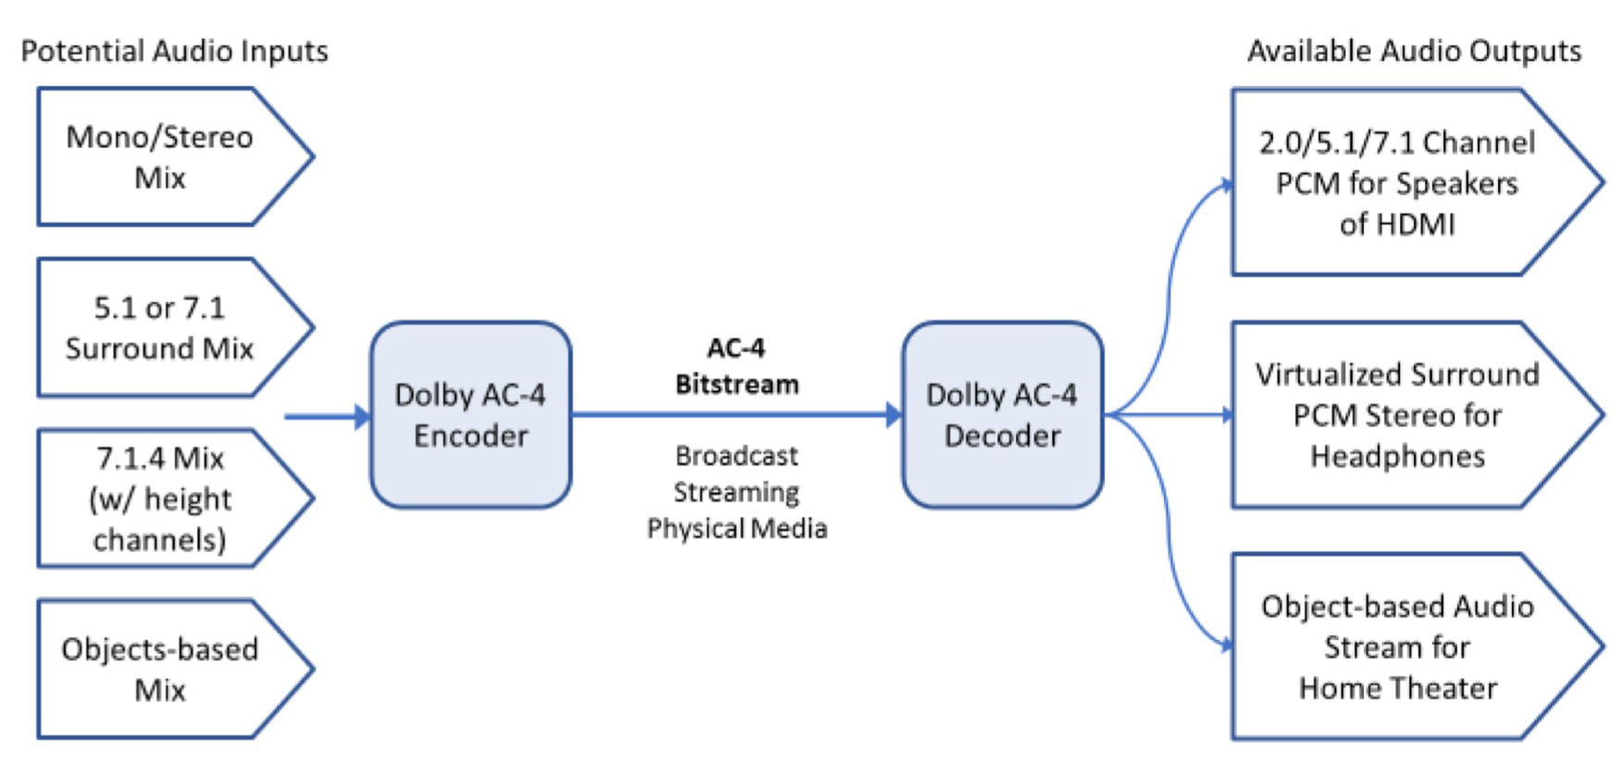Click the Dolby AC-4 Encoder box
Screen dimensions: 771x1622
470,415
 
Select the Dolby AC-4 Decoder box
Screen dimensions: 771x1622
1002,415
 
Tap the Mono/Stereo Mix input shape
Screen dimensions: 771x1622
160,156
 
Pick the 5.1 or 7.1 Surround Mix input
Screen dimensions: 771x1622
160,327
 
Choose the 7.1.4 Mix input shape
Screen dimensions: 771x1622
160,498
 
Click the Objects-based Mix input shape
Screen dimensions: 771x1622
160,669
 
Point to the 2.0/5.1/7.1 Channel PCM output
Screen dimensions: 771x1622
1396,182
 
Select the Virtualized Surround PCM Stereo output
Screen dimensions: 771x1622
1396,415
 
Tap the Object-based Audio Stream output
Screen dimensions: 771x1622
1396,647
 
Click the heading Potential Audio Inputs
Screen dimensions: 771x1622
174,51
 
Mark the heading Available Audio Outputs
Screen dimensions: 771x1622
1414,51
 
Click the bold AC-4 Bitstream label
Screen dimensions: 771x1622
737,366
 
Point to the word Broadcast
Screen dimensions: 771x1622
737,456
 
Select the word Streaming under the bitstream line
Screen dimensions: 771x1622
737,492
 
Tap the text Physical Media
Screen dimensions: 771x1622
737,528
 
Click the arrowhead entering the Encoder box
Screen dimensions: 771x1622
362,416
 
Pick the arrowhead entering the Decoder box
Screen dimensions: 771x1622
893,415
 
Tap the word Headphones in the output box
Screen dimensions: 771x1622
1397,456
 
